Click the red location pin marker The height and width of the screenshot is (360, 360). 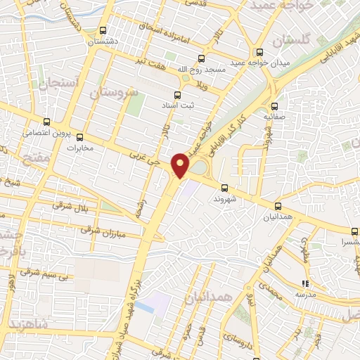pyautogui.click(x=181, y=165)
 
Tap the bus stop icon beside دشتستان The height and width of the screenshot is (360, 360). pyautogui.click(x=103, y=30)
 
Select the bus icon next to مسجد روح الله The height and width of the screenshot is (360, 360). pyautogui.click(x=202, y=58)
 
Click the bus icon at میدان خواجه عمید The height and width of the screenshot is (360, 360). pyautogui.click(x=260, y=51)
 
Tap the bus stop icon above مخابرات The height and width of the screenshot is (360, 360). pyautogui.click(x=79, y=136)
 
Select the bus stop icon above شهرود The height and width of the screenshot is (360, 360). pyautogui.click(x=224, y=188)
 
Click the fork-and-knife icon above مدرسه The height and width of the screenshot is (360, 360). pyautogui.click(x=306, y=283)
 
